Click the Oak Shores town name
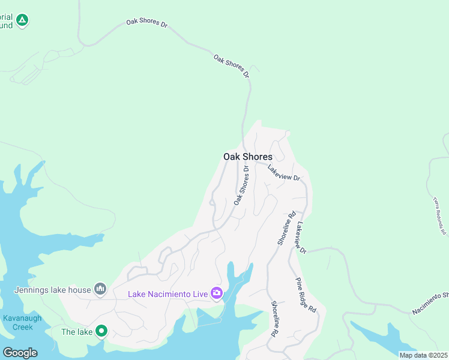point(247,157)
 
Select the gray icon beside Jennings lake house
point(100,290)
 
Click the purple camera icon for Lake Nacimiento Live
point(216,293)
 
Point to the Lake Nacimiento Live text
point(167,294)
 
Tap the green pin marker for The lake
point(101,331)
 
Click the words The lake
point(77,331)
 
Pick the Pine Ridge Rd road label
point(306,295)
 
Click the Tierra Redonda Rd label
point(440,215)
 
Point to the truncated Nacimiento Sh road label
point(430,304)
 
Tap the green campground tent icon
point(22,21)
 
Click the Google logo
point(20,352)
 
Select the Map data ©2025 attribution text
point(423,355)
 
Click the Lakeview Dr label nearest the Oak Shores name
point(283,173)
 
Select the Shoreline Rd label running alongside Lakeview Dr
point(286,228)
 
